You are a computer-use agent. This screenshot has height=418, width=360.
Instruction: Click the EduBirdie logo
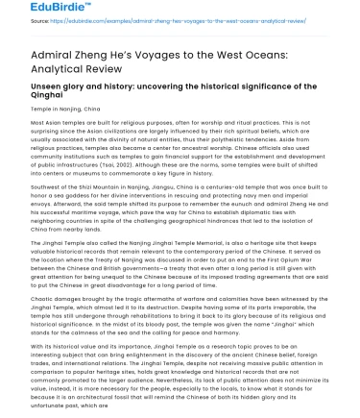(x=37, y=9)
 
